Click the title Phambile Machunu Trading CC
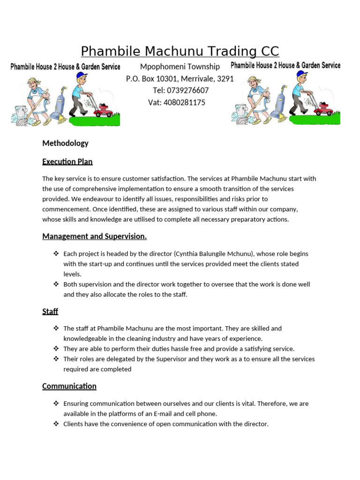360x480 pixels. click(x=180, y=51)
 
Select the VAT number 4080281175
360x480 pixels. click(x=184, y=103)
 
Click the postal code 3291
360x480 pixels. click(x=225, y=79)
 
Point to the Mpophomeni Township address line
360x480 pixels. click(x=180, y=67)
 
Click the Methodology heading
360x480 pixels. click(x=65, y=143)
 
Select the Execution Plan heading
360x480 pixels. click(x=67, y=162)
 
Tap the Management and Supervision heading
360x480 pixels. click(x=94, y=236)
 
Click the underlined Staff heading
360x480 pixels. click(x=50, y=311)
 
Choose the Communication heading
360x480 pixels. click(x=69, y=386)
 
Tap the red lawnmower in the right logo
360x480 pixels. click(x=323, y=110)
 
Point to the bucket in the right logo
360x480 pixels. click(x=241, y=111)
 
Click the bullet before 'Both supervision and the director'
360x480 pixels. click(x=56, y=284)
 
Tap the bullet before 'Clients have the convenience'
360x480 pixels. click(x=56, y=424)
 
